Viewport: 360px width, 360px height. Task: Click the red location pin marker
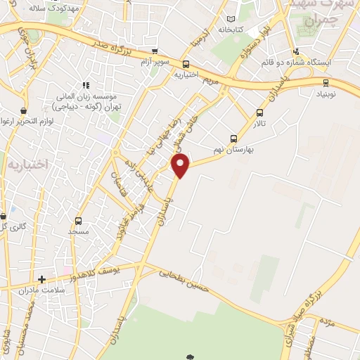[181, 166]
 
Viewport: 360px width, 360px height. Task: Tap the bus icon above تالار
[260, 112]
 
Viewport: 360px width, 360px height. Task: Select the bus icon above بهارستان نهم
[234, 139]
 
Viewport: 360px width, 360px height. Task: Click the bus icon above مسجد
[78, 220]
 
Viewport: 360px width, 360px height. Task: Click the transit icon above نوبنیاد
[325, 83]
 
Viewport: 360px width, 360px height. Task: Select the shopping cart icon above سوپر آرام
[153, 52]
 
